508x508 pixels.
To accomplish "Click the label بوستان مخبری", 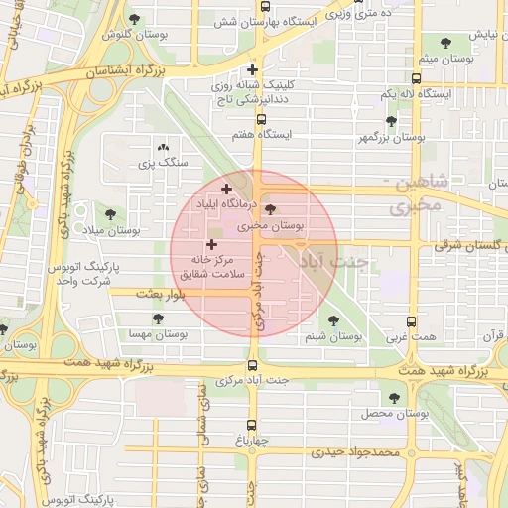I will pyautogui.click(x=272, y=226).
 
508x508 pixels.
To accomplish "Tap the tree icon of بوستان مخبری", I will pyautogui.click(x=271, y=209).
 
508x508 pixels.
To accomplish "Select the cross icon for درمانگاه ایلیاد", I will pyautogui.click(x=226, y=188).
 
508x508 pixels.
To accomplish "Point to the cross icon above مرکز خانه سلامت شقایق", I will pyautogui.click(x=211, y=244).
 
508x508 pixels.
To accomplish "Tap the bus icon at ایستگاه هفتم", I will pyautogui.click(x=261, y=119).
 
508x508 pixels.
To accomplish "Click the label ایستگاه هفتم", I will pyautogui.click(x=261, y=135).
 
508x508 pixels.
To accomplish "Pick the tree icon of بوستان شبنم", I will pyautogui.click(x=331, y=320).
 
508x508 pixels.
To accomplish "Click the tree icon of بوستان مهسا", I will pyautogui.click(x=158, y=318).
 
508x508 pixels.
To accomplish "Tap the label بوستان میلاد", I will pyautogui.click(x=109, y=230).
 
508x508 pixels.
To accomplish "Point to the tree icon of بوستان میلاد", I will pyautogui.click(x=109, y=213).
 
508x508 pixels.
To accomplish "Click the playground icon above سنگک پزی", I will pyautogui.click(x=162, y=145).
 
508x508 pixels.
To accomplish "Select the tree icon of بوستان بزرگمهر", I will pyautogui.click(x=391, y=121).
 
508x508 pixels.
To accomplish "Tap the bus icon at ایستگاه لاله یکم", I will pyautogui.click(x=414, y=78).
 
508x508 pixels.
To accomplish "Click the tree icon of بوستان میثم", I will pyautogui.click(x=439, y=42).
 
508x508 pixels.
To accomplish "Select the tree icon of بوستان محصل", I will pyautogui.click(x=394, y=397).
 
